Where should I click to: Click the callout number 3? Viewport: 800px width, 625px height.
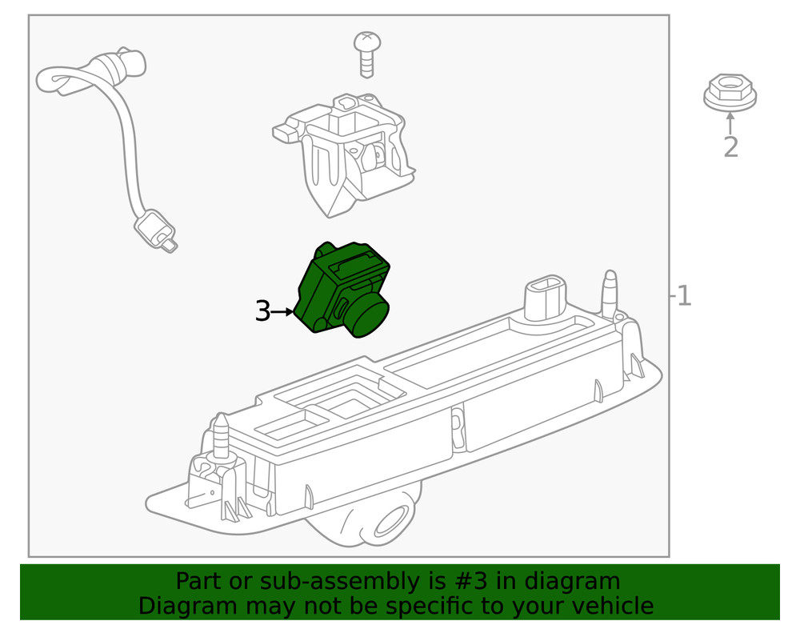[x=262, y=311]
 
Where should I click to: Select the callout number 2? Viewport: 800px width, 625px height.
[x=730, y=147]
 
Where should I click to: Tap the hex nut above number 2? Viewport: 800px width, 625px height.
[x=730, y=93]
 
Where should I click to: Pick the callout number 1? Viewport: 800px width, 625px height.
[x=683, y=296]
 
